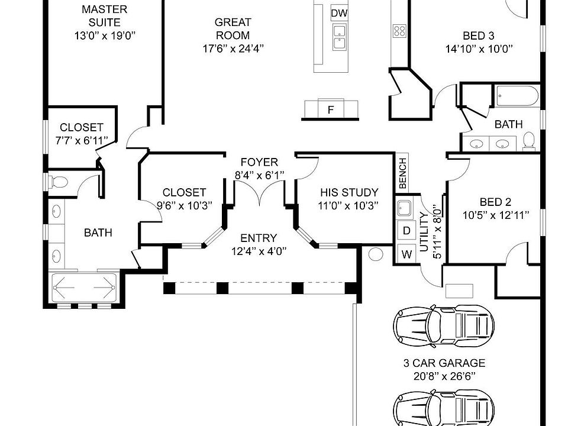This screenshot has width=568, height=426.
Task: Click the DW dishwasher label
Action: point(340,14)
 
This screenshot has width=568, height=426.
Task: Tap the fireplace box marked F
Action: point(330,108)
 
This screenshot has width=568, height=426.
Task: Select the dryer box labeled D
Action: point(406,231)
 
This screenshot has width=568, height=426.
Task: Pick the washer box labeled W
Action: point(406,254)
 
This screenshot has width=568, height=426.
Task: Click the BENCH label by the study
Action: point(403,173)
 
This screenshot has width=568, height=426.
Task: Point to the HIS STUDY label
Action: point(349,192)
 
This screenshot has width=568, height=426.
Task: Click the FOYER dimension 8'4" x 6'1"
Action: point(259,176)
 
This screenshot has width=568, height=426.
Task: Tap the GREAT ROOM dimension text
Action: point(233,49)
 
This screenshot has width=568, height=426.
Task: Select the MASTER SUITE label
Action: point(104,15)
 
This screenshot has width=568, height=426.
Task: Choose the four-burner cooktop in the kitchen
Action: point(399,31)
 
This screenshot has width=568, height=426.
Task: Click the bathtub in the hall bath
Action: point(517,96)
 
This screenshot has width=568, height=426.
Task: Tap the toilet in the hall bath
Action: point(529,141)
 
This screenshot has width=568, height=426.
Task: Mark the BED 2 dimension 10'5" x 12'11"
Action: point(496,215)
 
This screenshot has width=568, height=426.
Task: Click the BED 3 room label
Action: point(479,36)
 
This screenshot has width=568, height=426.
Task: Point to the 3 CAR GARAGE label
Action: point(444,363)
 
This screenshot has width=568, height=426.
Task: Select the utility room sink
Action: point(404,208)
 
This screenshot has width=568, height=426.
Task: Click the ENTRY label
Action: point(259,238)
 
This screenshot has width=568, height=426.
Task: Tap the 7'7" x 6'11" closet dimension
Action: point(82,141)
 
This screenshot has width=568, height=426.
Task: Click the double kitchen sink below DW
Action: point(340,37)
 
